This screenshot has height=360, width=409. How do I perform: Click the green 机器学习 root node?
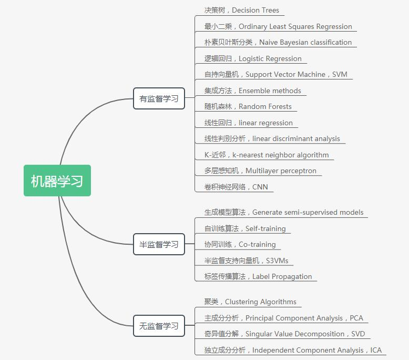click(57, 181)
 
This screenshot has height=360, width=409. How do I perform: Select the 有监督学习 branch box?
click(159, 98)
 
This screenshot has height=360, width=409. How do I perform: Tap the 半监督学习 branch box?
click(159, 244)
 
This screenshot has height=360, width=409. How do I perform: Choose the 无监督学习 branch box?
click(159, 326)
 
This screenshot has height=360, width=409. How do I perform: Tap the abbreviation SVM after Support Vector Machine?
click(340, 75)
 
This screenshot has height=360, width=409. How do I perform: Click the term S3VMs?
click(277, 261)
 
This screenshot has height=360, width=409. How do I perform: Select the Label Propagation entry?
click(282, 277)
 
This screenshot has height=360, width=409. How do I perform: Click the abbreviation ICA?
click(376, 351)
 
